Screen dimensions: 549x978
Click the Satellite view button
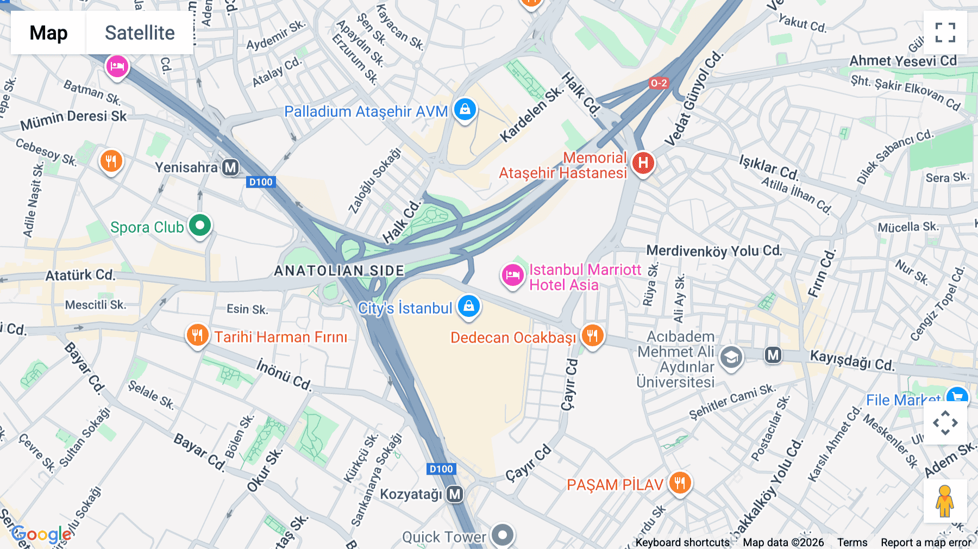[x=140, y=33]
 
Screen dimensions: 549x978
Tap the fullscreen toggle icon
[x=945, y=33]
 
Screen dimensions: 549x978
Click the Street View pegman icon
[x=945, y=501]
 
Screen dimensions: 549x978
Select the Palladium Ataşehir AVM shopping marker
[x=465, y=110]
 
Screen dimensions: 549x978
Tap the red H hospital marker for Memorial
[x=643, y=163]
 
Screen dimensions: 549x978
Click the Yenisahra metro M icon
[x=230, y=167]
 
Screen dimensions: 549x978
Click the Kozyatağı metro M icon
[x=455, y=494]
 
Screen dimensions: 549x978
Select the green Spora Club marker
[x=200, y=225]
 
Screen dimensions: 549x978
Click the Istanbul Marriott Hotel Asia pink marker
[x=512, y=275]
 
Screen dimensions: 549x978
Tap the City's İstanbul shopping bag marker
[x=468, y=307]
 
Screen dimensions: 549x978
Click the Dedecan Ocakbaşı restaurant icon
[x=592, y=336]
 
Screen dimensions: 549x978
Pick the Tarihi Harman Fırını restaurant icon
[x=197, y=335]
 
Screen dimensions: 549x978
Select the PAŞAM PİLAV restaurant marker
[x=680, y=482]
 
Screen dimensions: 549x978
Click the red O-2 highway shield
[x=659, y=83]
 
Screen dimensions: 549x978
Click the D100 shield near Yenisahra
[x=261, y=182]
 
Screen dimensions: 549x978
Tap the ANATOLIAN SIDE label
[x=339, y=271]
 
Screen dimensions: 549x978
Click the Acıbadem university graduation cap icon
[x=731, y=358]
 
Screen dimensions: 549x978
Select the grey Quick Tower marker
[x=503, y=535]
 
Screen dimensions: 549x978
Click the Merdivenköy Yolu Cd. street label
[x=713, y=251]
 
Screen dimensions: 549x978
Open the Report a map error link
[x=926, y=542]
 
